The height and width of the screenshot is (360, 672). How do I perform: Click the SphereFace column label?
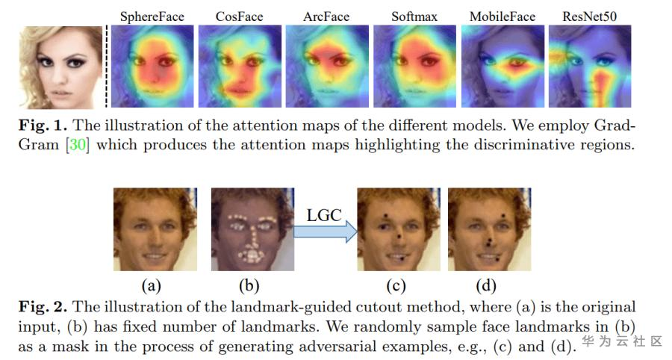152,16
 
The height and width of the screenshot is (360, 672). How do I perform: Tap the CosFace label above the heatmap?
239,16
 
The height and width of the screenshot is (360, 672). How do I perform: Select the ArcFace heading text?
326,16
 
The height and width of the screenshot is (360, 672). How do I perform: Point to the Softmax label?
414,16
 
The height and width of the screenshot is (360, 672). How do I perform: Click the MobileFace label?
502,16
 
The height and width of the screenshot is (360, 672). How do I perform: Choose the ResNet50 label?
590,16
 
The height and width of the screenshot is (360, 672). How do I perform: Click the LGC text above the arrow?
324,215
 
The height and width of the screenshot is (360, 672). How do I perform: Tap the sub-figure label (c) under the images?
396,285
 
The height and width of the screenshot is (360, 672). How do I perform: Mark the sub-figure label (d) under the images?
486,285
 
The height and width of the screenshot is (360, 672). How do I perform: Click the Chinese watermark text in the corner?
622,341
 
